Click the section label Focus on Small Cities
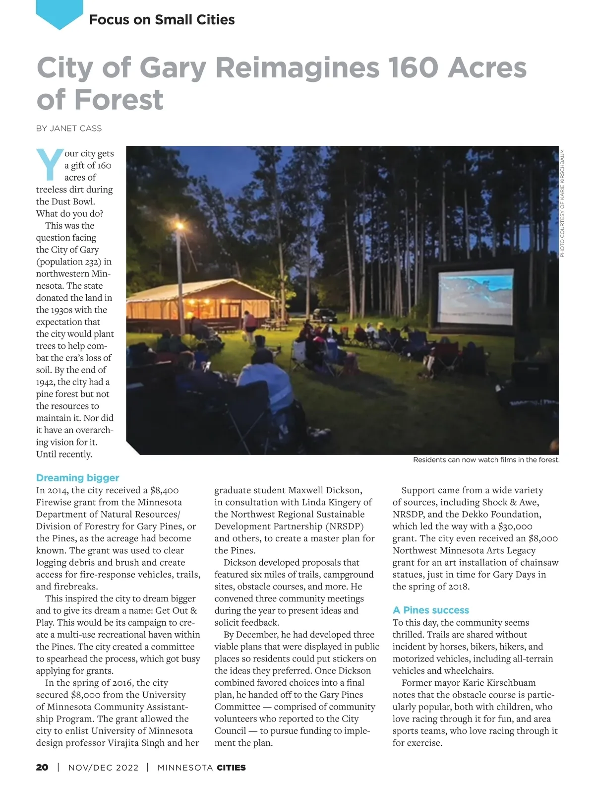162,20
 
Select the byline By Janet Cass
69,129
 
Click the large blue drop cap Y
50,164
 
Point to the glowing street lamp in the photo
179,227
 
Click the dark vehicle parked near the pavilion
325,315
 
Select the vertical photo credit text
562,203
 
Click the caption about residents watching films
486,460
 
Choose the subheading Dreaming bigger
77,478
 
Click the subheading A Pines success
430,610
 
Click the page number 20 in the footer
42,767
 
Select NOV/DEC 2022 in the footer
103,768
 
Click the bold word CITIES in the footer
231,768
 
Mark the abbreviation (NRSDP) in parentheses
345,526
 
